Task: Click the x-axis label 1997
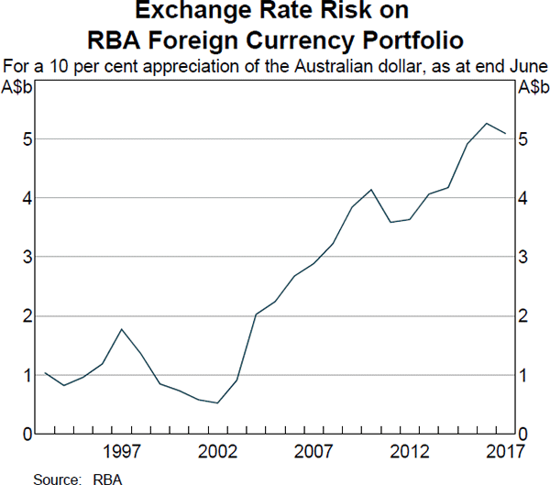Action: tap(122, 451)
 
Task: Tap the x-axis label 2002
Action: tap(217, 451)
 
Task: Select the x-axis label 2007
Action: tap(313, 451)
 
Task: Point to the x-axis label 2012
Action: tap(410, 451)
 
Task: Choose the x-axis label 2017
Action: tap(503, 451)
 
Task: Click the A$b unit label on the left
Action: tap(18, 87)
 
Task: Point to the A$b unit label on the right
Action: tap(532, 87)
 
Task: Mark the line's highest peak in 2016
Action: tap(487, 123)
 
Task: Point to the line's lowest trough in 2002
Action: tap(217, 402)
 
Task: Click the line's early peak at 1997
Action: tap(122, 329)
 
